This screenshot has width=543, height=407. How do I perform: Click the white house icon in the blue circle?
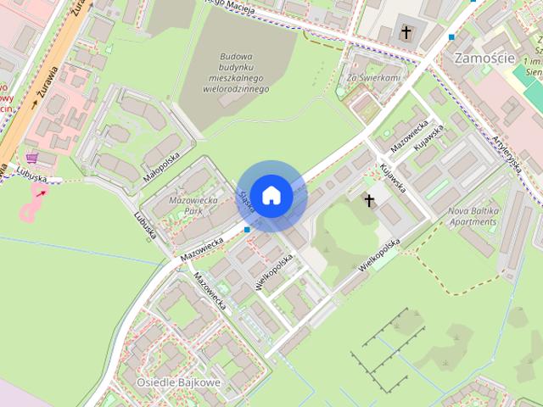point(271,195)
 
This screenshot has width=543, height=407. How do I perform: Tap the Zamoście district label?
point(485,58)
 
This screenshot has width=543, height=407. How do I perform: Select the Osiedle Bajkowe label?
point(178,382)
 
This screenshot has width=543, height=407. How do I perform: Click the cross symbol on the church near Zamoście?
point(406,33)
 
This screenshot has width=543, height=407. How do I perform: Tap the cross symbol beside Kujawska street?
point(369,200)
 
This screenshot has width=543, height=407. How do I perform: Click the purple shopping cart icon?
point(32,158)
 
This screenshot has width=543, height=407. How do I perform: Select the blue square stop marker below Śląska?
point(247,229)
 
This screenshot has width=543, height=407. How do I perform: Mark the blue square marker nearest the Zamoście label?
point(451,36)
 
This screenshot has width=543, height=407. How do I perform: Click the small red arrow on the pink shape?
point(41,193)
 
